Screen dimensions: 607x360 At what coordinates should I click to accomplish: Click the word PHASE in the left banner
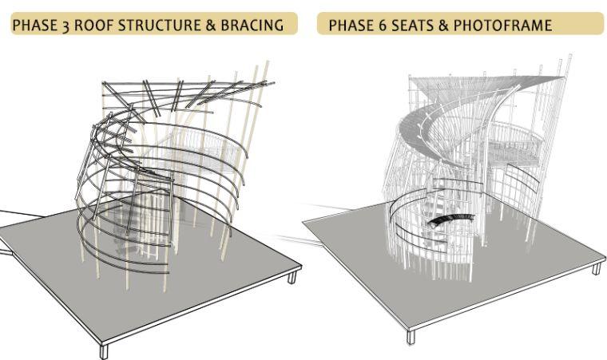[36, 26]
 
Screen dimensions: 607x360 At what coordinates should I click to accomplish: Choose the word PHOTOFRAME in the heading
[502, 26]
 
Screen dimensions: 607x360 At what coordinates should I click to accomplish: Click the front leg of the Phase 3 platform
[103, 349]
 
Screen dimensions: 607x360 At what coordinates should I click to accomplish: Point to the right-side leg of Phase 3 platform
[292, 277]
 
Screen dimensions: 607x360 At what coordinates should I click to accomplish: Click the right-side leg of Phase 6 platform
[596, 268]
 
